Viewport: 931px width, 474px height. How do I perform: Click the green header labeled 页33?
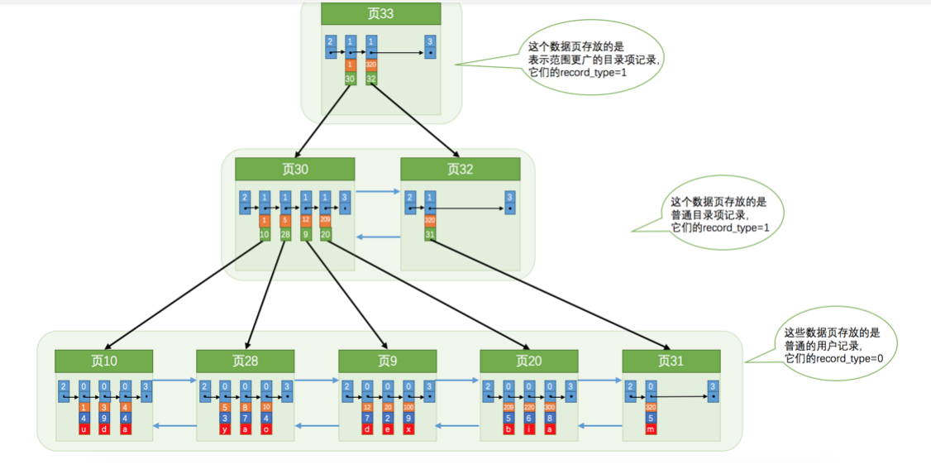pyautogui.click(x=380, y=14)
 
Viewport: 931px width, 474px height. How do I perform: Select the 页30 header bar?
pyautogui.click(x=294, y=170)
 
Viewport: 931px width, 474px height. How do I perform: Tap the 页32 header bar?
pyautogui.click(x=460, y=170)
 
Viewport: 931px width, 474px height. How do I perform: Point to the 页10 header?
pyautogui.click(x=104, y=361)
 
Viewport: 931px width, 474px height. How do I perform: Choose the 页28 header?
pyautogui.click(x=245, y=361)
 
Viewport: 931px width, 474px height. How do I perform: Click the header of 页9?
pyautogui.click(x=388, y=361)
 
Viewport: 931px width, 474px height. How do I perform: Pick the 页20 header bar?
pyautogui.click(x=528, y=361)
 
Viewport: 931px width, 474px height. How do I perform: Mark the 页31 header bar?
pyautogui.click(x=671, y=361)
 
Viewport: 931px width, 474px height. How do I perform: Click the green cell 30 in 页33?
pyautogui.click(x=351, y=79)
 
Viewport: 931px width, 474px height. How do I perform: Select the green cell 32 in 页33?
pyautogui.click(x=371, y=79)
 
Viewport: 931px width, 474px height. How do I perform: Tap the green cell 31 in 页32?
pyautogui.click(x=430, y=234)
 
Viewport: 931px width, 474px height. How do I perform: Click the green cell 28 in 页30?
pyautogui.click(x=285, y=234)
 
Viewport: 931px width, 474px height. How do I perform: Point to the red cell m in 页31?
pyautogui.click(x=651, y=430)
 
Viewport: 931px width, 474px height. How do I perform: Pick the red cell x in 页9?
pyautogui.click(x=408, y=430)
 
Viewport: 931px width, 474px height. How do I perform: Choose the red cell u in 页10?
pyautogui.click(x=84, y=430)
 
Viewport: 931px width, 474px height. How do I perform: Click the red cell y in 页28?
pyautogui.click(x=225, y=430)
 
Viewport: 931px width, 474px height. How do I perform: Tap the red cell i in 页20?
pyautogui.click(x=529, y=430)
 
